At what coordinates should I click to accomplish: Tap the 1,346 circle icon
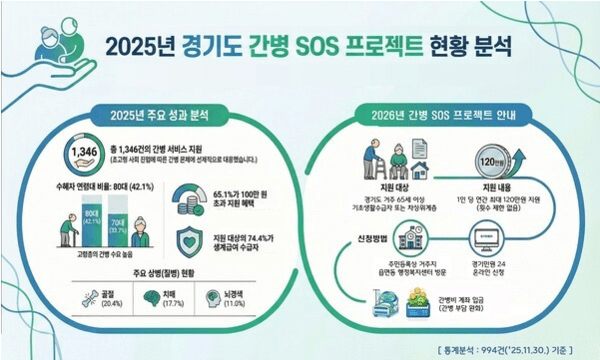tap(81, 154)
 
